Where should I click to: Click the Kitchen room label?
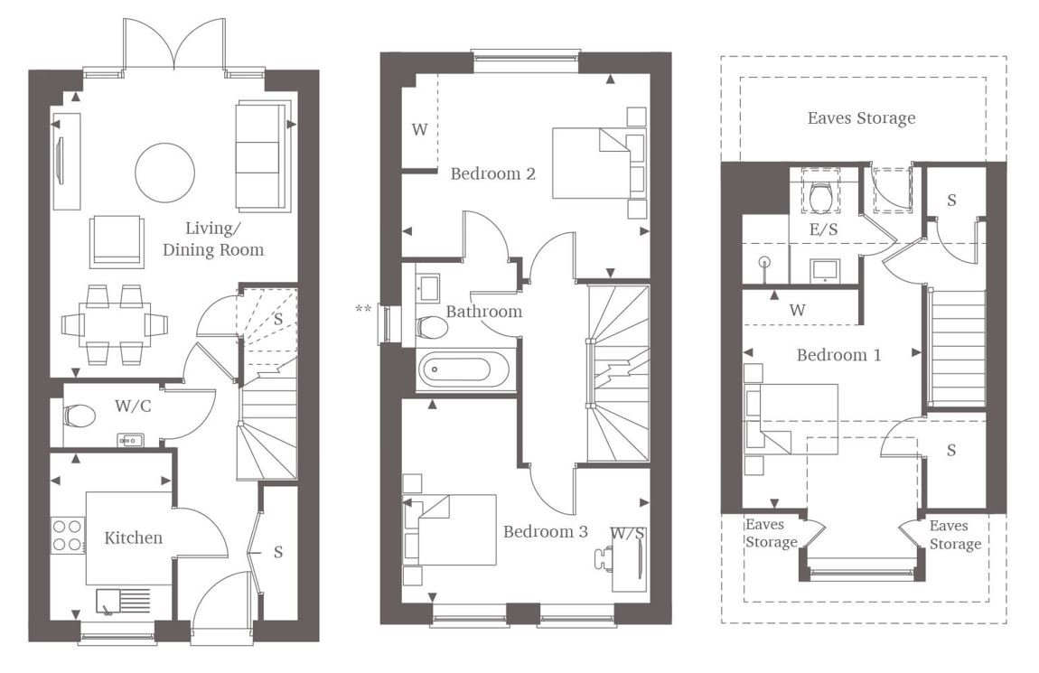point(133,537)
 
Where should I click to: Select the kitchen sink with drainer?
point(124,602)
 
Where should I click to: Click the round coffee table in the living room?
point(165,173)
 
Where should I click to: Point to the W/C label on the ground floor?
point(133,406)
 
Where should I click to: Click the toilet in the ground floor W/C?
point(80,416)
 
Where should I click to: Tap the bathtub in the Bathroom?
point(463,370)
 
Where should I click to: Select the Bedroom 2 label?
point(493,173)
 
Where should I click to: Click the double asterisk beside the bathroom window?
point(363,309)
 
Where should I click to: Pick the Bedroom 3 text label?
point(546,531)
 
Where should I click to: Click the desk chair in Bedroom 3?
point(604,557)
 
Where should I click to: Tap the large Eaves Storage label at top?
point(861,118)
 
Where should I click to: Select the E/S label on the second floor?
point(824,229)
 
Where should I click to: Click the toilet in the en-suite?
point(821,195)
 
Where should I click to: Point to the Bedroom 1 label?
point(839,355)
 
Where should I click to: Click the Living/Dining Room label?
point(212,239)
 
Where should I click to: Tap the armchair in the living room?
point(117,241)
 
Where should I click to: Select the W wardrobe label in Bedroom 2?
point(419,130)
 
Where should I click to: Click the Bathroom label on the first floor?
point(483,312)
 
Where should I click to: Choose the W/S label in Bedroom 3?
point(628,533)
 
